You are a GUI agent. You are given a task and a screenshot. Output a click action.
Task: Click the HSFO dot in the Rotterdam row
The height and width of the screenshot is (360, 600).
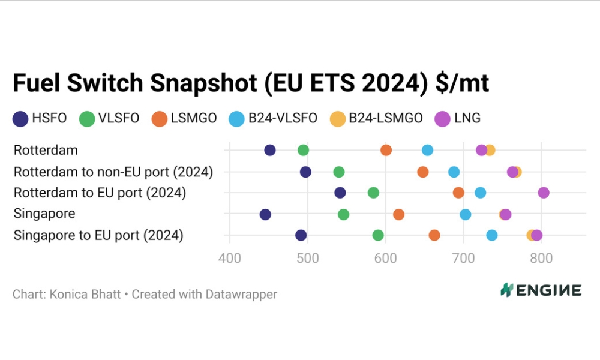(270, 150)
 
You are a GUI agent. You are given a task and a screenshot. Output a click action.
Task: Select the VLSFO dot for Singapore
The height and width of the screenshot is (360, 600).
(343, 214)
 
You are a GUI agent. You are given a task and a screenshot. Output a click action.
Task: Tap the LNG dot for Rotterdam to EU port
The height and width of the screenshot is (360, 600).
(544, 193)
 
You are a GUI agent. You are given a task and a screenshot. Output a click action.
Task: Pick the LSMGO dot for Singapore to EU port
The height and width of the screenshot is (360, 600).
(434, 235)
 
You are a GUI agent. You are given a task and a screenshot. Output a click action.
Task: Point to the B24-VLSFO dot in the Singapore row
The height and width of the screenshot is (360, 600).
(465, 214)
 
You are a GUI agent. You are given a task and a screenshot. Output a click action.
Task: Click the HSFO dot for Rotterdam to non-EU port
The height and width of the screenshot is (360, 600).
(305, 172)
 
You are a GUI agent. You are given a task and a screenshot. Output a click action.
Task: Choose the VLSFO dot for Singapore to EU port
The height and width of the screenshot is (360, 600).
(378, 235)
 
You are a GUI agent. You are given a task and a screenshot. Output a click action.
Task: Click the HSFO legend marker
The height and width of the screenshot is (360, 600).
(20, 118)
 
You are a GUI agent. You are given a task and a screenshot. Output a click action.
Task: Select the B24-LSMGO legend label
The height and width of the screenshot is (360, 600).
(386, 118)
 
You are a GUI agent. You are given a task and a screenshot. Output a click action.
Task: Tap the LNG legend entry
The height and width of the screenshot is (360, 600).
(459, 118)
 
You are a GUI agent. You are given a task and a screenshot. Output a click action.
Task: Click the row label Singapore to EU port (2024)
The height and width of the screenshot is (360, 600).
(98, 235)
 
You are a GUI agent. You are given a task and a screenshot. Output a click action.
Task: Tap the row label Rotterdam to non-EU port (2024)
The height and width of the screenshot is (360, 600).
(113, 172)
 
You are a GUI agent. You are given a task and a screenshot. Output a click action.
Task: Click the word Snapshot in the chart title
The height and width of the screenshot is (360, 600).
(203, 83)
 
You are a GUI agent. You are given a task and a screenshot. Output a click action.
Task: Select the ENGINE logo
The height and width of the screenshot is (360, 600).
(541, 290)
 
